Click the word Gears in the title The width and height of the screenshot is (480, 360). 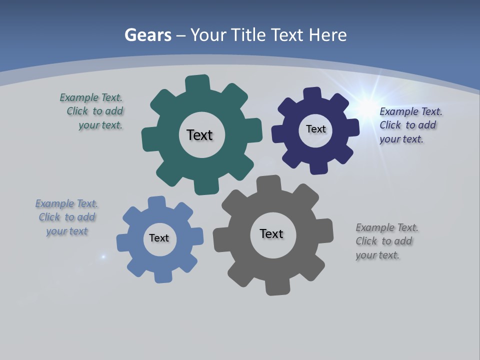tap(148, 35)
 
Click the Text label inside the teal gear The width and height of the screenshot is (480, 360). tap(199, 135)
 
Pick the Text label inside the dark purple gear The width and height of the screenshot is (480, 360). tap(315, 129)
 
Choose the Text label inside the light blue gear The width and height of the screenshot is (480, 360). tap(159, 238)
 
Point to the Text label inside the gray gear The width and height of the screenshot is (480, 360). tap(271, 233)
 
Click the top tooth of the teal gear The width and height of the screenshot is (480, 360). tap(197, 83)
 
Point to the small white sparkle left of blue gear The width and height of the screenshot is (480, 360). tap(103, 256)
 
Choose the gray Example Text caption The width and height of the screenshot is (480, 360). tap(386, 241)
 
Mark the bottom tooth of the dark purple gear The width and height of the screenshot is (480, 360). tap(318, 167)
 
